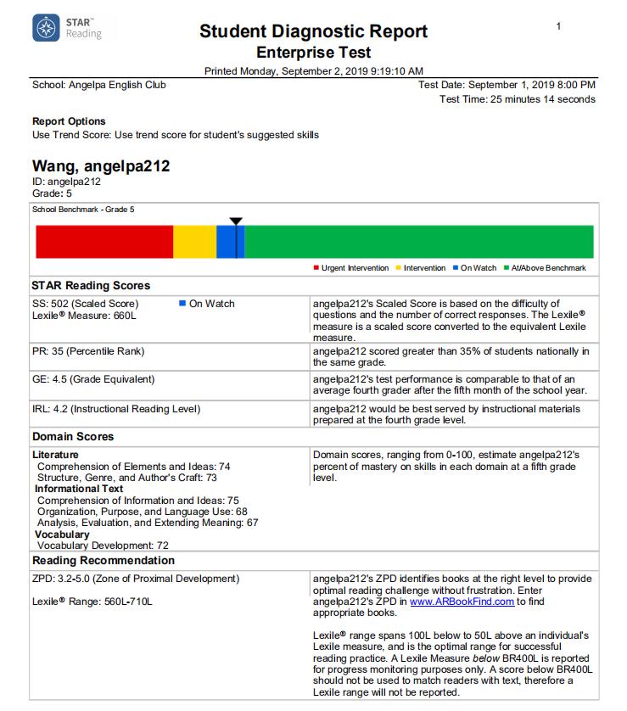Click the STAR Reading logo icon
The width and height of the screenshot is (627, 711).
pyautogui.click(x=46, y=28)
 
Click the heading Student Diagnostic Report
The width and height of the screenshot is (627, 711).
pyautogui.click(x=313, y=32)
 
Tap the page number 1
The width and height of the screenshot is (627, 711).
pyautogui.click(x=558, y=27)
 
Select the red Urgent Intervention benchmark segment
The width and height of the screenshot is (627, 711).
pyautogui.click(x=104, y=242)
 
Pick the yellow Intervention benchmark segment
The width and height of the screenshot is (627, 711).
pyautogui.click(x=194, y=242)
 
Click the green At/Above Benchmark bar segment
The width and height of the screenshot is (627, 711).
pyautogui.click(x=419, y=242)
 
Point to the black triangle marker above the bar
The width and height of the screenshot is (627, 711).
pyautogui.click(x=236, y=221)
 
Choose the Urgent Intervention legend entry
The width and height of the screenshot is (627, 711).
pyautogui.click(x=350, y=268)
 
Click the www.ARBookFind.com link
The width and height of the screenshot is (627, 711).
pyautogui.click(x=462, y=602)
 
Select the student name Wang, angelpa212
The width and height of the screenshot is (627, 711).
pyautogui.click(x=101, y=166)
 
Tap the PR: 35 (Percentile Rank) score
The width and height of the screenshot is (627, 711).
pyautogui.click(x=88, y=351)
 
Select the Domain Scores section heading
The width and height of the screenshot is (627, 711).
pyautogui.click(x=73, y=437)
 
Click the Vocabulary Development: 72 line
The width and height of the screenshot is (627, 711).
pyautogui.click(x=103, y=546)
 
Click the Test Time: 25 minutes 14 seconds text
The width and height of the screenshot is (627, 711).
pyautogui.click(x=518, y=99)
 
